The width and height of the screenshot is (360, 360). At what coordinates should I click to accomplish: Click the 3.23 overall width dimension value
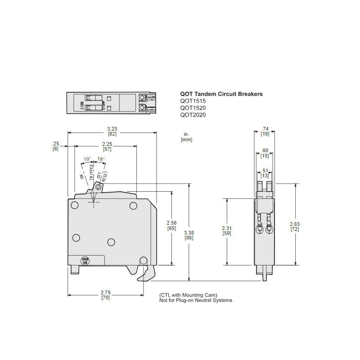click(x=112, y=129)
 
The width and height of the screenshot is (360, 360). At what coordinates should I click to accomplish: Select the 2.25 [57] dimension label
click(x=107, y=146)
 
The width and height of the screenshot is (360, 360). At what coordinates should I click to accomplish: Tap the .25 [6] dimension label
click(x=55, y=146)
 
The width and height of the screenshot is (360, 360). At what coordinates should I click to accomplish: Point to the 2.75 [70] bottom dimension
click(x=106, y=295)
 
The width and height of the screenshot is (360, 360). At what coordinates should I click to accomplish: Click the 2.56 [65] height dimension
click(x=171, y=225)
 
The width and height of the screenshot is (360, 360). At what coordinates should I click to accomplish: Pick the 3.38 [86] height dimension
click(x=189, y=235)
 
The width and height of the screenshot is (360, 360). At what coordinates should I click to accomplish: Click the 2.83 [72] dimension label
click(x=295, y=227)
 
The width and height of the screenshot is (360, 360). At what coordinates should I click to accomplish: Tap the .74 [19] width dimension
click(x=265, y=131)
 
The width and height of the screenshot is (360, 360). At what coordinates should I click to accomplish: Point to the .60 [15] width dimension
click(x=265, y=153)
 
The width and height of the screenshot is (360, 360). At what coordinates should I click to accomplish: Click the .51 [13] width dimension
click(x=265, y=173)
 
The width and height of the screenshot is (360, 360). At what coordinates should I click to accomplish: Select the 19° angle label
click(x=87, y=159)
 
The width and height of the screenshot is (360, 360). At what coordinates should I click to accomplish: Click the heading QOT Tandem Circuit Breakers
click(x=221, y=94)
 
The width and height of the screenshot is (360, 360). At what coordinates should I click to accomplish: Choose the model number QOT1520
click(x=193, y=108)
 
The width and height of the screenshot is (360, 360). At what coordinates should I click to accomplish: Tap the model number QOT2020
click(x=193, y=115)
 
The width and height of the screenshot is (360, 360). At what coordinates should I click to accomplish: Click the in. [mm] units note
click(x=186, y=137)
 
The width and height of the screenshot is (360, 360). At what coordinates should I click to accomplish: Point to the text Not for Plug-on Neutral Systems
click(x=196, y=300)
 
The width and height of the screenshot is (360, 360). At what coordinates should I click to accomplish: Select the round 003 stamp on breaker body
click(x=85, y=260)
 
